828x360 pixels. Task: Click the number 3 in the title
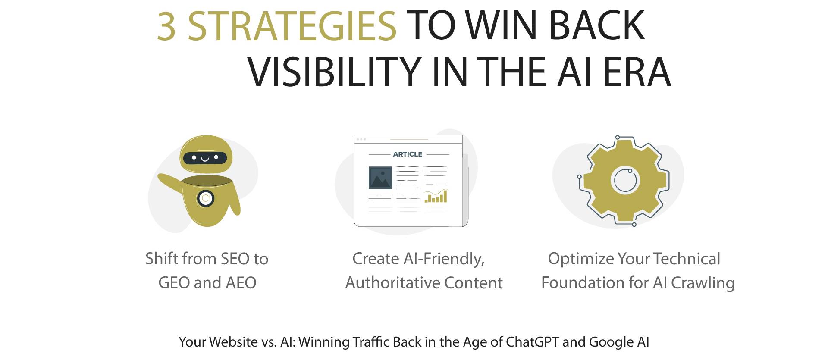pyautogui.click(x=166, y=27)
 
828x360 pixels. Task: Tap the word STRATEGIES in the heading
pyautogui.click(x=292, y=27)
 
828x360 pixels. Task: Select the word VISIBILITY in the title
pyautogui.click(x=334, y=72)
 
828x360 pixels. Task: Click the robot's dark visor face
pyautogui.click(x=205, y=158)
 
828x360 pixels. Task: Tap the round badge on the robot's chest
pyautogui.click(x=206, y=199)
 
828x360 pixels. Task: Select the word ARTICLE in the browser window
pyautogui.click(x=408, y=154)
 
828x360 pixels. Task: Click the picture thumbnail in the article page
pyautogui.click(x=380, y=178)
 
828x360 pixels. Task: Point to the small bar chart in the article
pyautogui.click(x=436, y=197)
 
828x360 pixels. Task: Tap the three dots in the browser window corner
pyautogui.click(x=361, y=139)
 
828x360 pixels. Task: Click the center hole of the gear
pyautogui.click(x=625, y=179)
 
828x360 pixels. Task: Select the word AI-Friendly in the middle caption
pyautogui.click(x=444, y=259)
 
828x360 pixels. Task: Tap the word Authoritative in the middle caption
pyautogui.click(x=392, y=283)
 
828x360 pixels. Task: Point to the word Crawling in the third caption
pyautogui.click(x=703, y=283)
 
